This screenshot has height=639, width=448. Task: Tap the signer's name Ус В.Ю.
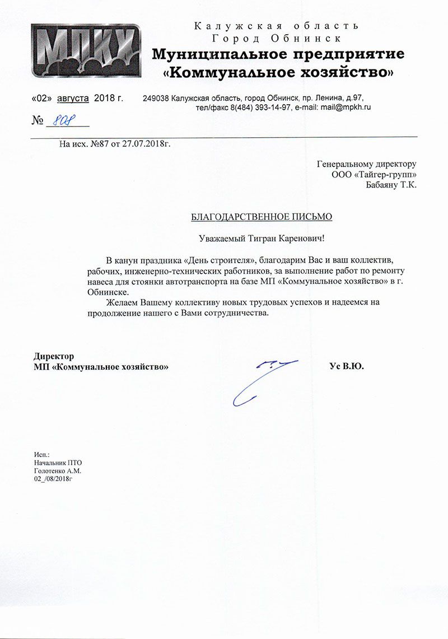click(x=347, y=367)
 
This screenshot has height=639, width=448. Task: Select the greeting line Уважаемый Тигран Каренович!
click(x=262, y=238)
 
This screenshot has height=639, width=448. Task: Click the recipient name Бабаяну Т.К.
click(x=391, y=185)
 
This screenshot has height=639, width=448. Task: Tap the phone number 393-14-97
click(x=272, y=106)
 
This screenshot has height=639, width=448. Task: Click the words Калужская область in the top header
click(x=276, y=26)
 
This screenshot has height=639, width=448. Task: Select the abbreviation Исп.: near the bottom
click(x=41, y=454)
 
